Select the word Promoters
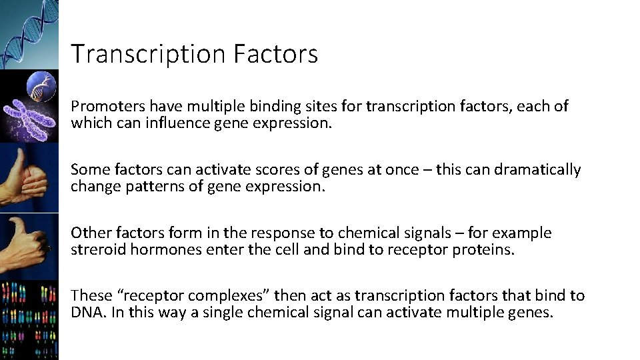108,107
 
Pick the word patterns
148,187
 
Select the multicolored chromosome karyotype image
29,320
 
